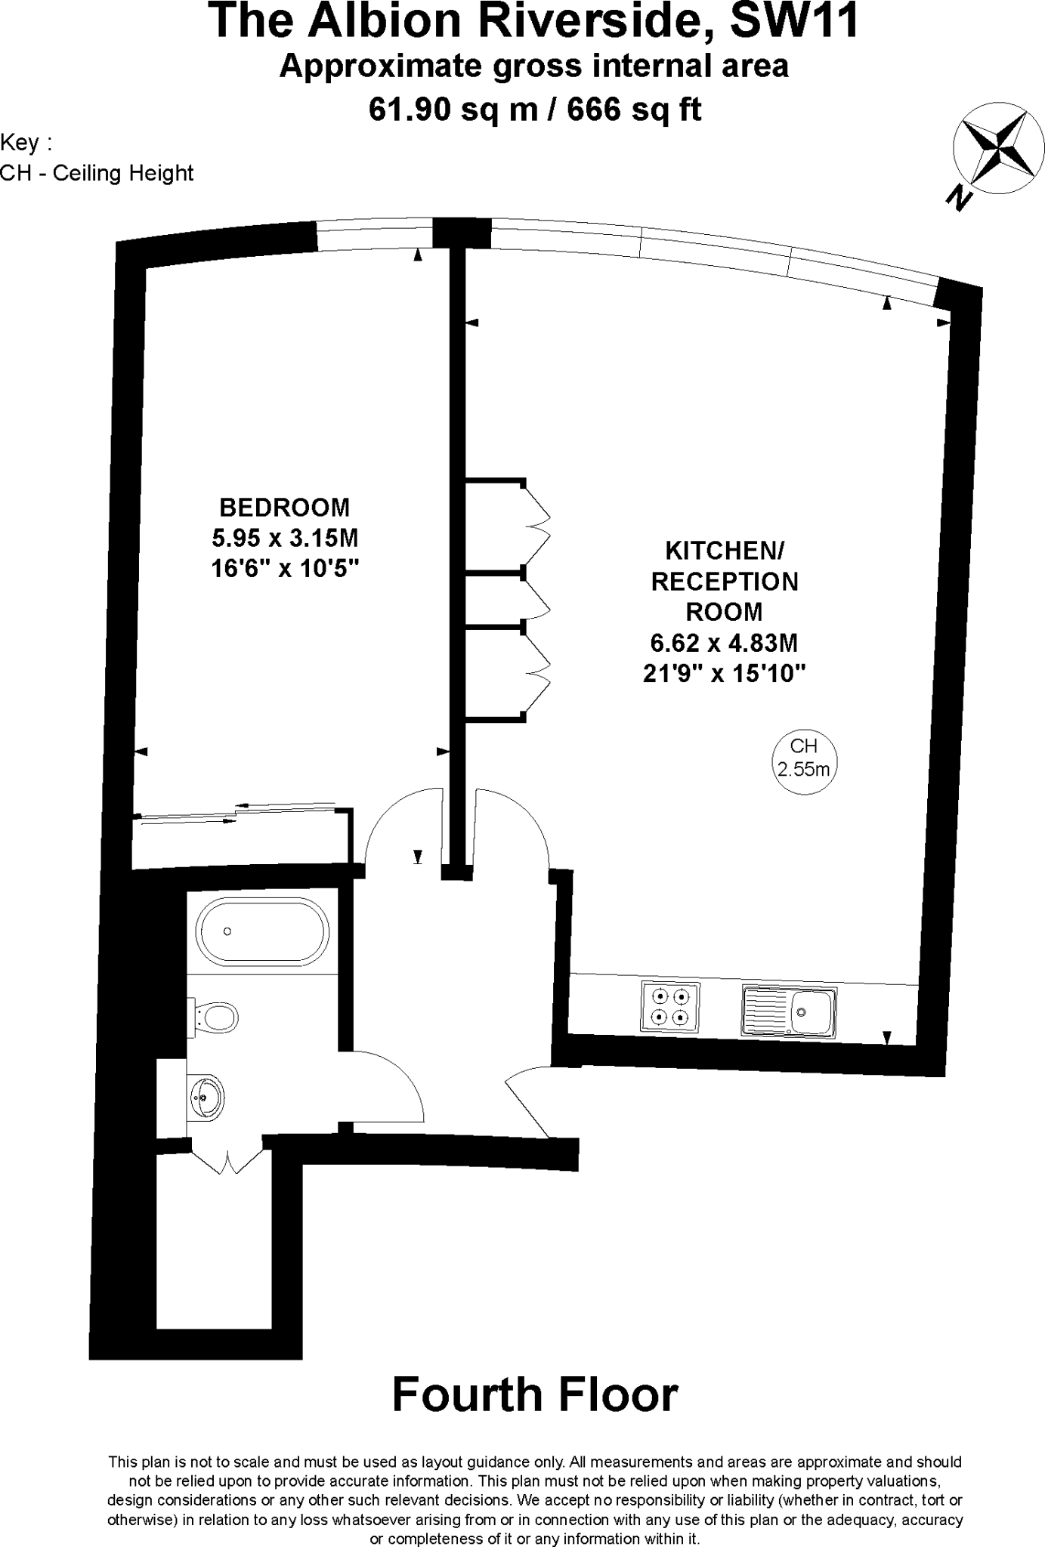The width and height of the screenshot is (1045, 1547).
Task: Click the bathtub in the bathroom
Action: tap(262, 931)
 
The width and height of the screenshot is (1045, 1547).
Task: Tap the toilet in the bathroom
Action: tap(217, 1016)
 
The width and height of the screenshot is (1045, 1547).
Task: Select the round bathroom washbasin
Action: tap(206, 1098)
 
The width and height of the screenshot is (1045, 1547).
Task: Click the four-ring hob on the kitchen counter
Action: tap(670, 1006)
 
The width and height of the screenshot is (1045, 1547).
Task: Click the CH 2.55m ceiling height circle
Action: tap(804, 758)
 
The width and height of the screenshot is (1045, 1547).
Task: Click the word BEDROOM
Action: tap(285, 506)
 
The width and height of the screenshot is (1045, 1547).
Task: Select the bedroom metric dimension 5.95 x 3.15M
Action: tap(285, 538)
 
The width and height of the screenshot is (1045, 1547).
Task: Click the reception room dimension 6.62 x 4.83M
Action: tap(724, 643)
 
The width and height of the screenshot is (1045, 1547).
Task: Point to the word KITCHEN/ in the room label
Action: tap(724, 551)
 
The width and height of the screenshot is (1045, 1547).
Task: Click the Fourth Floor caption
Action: tap(535, 1394)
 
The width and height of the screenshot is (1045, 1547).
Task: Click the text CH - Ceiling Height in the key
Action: tap(97, 173)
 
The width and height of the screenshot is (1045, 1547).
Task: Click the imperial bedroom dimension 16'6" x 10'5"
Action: tap(285, 568)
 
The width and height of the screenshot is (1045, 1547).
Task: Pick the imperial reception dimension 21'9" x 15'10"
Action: tap(724, 673)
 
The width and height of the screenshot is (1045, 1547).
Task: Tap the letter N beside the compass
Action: tap(959, 199)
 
